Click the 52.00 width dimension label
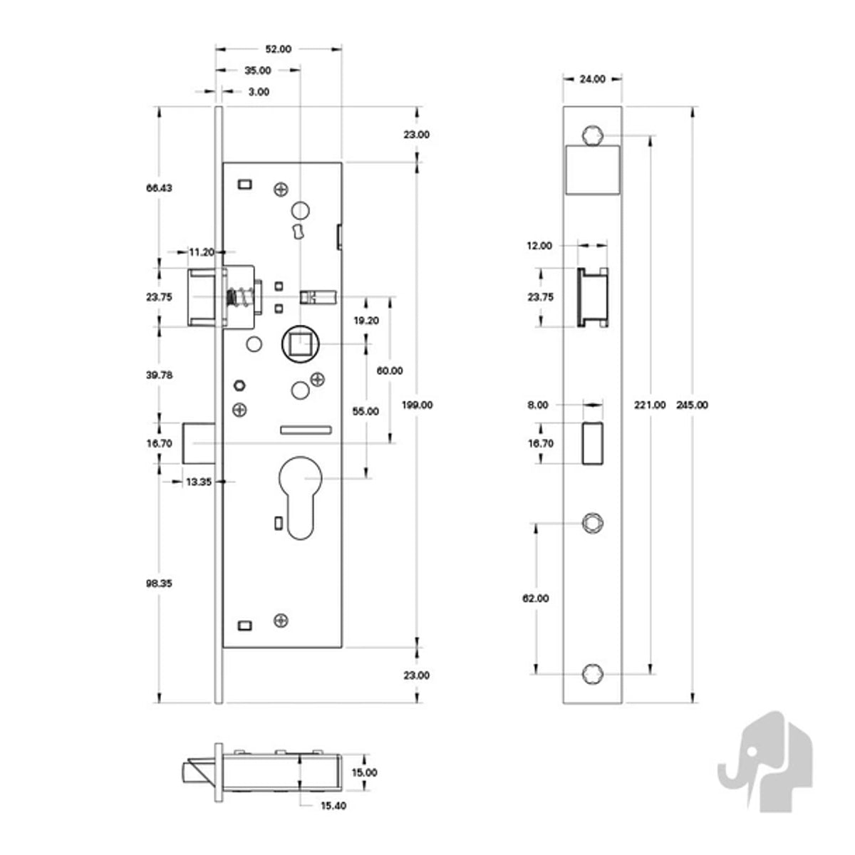(278, 49)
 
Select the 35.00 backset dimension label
(257, 71)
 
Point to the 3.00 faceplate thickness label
(259, 92)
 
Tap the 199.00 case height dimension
(417, 405)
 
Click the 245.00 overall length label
(692, 405)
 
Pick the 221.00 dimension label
(650, 405)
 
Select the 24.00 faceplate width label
(592, 79)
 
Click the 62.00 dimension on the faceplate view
(536, 598)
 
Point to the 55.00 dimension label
(366, 411)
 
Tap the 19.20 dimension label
(366, 321)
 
